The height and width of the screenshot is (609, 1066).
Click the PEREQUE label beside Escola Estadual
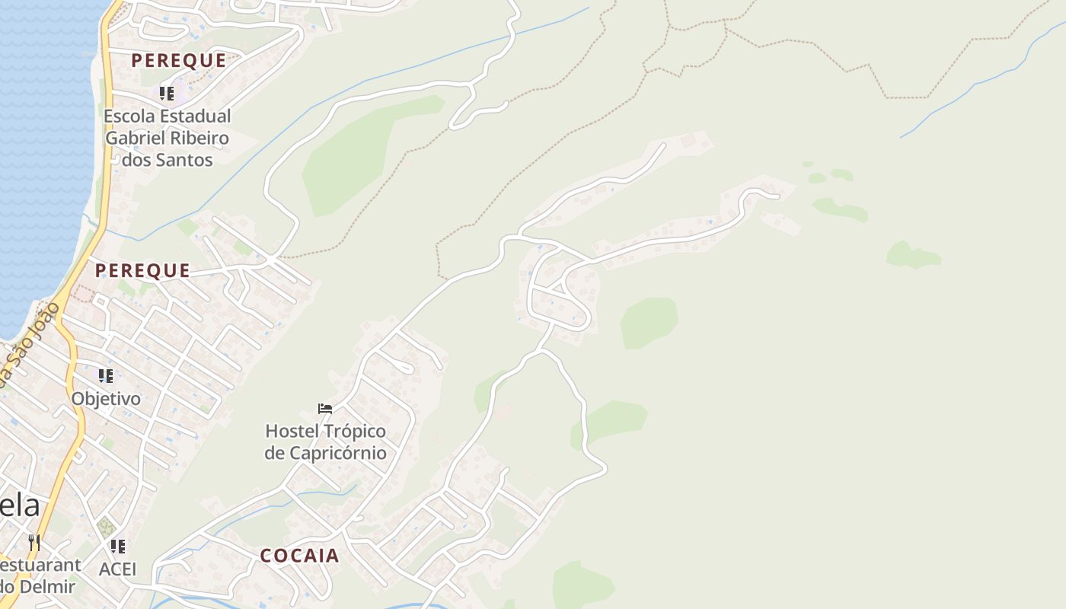pos(179,61)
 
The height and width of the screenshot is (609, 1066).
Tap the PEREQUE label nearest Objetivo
pos(142,270)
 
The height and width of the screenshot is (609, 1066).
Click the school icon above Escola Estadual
pos(166,94)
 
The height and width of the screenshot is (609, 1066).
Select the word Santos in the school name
pos(185,160)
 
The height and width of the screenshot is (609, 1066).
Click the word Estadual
pos(195,116)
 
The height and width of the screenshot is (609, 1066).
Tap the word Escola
pos(128,116)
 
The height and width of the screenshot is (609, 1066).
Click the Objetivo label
pos(106,399)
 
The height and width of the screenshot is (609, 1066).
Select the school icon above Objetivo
pos(105,376)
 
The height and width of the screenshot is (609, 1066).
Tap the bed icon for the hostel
pos(325,409)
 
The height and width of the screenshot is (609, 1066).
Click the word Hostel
pos(292,432)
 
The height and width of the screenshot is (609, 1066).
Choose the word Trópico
pos(356,432)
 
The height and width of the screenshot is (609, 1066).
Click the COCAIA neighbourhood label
pos(299,556)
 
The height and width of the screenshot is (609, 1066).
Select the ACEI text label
pos(117,569)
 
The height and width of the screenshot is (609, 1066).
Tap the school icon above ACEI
pos(117,547)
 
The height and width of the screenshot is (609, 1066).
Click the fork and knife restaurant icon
pos(34,543)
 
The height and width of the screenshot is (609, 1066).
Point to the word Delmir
pos(49,587)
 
